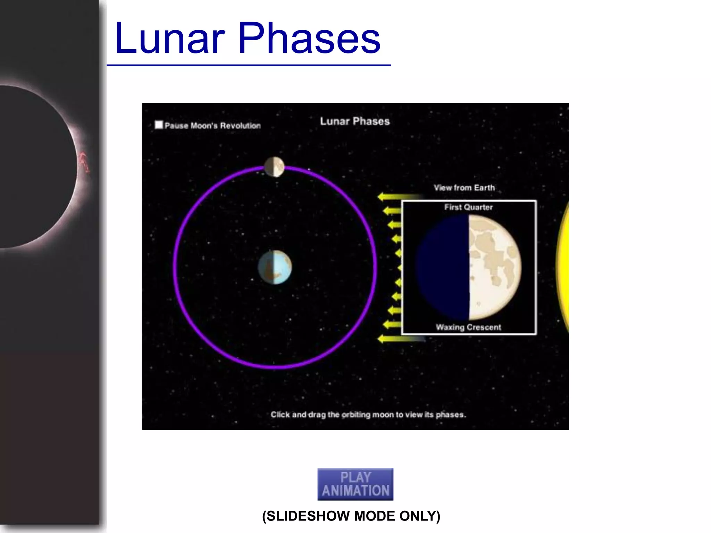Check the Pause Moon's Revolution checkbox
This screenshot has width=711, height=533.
[159, 125]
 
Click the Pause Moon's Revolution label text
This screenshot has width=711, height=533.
[212, 126]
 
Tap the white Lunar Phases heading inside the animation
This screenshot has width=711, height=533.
[355, 121]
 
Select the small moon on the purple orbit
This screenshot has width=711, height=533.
[274, 167]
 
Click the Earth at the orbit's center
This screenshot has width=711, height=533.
[275, 267]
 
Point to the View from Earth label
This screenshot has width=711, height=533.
[464, 188]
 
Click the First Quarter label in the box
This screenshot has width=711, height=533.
[468, 207]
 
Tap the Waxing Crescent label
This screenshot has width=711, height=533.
[468, 327]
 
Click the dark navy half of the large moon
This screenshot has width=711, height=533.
[443, 267]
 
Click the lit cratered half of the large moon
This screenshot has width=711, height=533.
[495, 267]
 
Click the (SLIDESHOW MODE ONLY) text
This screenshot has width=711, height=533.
[351, 516]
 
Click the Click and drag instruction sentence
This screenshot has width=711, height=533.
[368, 415]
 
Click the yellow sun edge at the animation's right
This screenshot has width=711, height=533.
[563, 267]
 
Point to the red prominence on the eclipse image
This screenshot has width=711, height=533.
[84, 162]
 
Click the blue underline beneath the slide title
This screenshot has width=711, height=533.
[249, 65]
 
